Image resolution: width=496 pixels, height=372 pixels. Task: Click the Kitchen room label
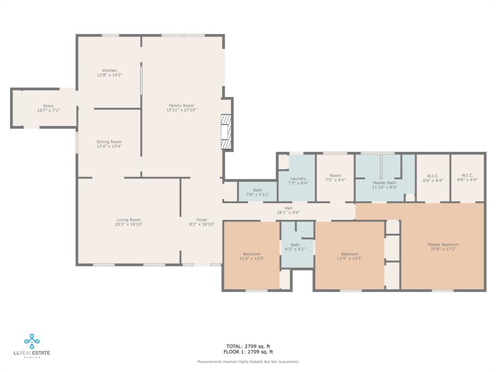[x=109, y=71]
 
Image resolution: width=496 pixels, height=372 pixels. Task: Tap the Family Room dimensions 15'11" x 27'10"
[x=182, y=110]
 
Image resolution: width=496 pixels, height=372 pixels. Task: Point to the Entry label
[x=48, y=106]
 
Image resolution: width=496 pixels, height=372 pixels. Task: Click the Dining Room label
[x=109, y=142]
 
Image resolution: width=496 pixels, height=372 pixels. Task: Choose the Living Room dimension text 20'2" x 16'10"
[x=129, y=224]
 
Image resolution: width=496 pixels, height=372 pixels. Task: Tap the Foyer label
[x=201, y=220]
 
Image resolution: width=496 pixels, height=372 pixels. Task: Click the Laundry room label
[x=298, y=179]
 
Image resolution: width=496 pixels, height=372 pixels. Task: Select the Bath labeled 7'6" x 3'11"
[x=257, y=192]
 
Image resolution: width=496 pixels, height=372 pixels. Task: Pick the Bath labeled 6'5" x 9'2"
[x=295, y=247]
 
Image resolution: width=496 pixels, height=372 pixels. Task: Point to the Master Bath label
[x=385, y=183]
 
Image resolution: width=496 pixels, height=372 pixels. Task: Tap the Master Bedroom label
[x=443, y=245]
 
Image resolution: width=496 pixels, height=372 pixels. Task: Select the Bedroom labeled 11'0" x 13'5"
[x=251, y=256]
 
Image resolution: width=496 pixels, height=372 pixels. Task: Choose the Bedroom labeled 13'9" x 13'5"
[x=349, y=256]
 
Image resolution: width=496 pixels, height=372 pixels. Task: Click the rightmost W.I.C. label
[x=467, y=175]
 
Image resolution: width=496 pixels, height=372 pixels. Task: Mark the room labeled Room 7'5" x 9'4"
[x=335, y=178]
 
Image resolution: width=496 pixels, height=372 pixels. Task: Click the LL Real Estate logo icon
[x=32, y=341]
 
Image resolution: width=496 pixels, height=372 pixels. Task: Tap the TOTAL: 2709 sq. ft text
[x=248, y=346]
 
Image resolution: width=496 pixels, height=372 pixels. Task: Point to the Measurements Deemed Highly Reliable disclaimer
[x=248, y=362]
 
